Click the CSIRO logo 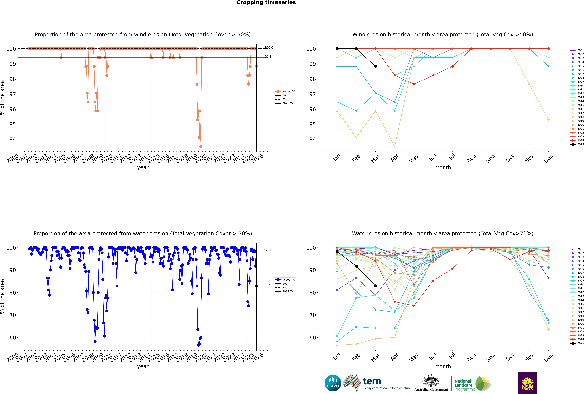click(x=333, y=383)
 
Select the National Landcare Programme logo click(x=472, y=384)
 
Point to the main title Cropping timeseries click(x=266, y=2)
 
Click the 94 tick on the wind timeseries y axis click(x=13, y=139)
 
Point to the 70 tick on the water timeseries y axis click(x=13, y=315)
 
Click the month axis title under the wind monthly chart click(x=443, y=168)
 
